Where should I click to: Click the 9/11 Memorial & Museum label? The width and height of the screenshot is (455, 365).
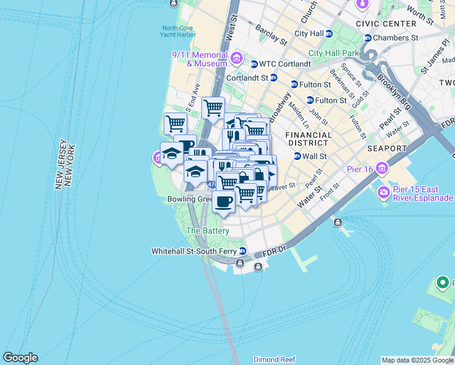coord(200,58)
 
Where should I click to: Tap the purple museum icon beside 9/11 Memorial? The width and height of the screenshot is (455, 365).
coord(237,59)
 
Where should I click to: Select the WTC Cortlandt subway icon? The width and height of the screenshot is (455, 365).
coord(254,63)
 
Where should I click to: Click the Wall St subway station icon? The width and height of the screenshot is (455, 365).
coord(297,156)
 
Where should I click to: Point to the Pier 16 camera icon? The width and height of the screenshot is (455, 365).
coord(382,167)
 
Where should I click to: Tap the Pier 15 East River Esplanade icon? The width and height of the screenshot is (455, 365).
coord(384,193)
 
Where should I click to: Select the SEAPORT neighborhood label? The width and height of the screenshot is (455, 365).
coord(386,148)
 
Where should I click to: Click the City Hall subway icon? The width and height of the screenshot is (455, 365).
coord(329,33)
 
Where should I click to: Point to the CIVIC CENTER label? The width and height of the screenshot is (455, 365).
coord(390,24)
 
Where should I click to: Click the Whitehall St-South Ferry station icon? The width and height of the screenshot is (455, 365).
coord(243,251)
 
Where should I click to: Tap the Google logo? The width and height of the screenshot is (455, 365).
coord(20,358)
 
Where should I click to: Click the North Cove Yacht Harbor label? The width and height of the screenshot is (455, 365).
coord(179,31)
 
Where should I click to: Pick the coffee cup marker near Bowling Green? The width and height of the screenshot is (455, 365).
coord(223,201)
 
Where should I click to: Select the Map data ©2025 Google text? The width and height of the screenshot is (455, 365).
coord(417,360)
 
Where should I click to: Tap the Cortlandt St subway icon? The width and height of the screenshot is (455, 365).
coord(274,78)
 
